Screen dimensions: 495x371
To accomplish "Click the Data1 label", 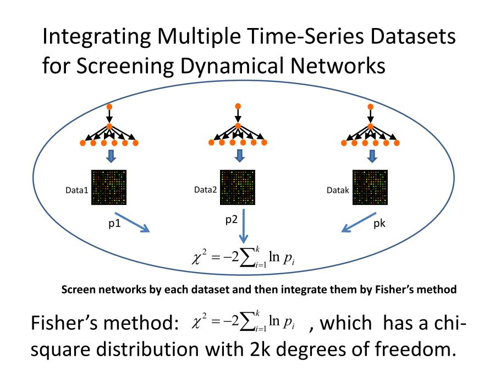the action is [x=76, y=190].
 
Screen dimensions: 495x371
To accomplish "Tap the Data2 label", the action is [x=206, y=190].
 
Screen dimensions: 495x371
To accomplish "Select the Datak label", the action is [x=338, y=190].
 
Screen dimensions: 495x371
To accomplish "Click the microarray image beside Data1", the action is [x=109, y=187].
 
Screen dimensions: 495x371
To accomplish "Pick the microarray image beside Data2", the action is [x=238, y=187].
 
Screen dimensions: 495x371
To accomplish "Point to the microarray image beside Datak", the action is [x=370, y=187].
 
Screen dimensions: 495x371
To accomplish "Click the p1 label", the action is [x=114, y=223].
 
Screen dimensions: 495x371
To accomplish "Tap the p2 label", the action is [x=232, y=219].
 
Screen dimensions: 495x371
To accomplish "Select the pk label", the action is [x=379, y=223].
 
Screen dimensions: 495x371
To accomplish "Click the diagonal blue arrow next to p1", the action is [x=132, y=222].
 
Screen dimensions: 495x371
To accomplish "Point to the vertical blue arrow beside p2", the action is [x=244, y=226].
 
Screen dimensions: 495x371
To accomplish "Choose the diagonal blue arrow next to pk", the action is [x=359, y=222].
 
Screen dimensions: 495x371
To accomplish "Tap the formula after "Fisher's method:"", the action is [x=243, y=321].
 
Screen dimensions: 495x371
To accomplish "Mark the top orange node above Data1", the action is [x=109, y=107].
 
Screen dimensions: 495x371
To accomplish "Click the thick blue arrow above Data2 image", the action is [x=240, y=156].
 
